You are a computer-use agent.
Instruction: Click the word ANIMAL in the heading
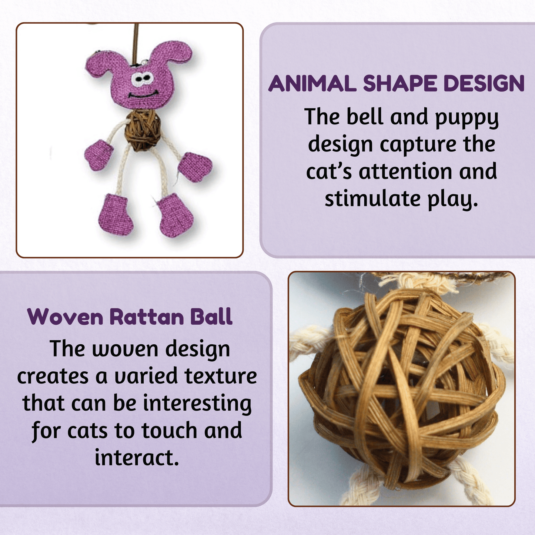pyautogui.click(x=312, y=83)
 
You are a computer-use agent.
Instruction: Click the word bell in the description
pyautogui.click(x=365, y=116)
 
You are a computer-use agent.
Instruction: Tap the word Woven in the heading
pyautogui.click(x=65, y=317)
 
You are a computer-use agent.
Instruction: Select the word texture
pyautogui.click(x=220, y=376)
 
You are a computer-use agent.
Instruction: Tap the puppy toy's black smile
pyautogui.click(x=143, y=95)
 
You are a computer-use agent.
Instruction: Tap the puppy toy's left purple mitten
pyautogui.click(x=98, y=155)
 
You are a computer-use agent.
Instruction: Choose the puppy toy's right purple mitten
pyautogui.click(x=194, y=165)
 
